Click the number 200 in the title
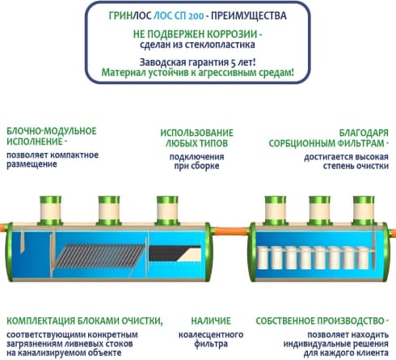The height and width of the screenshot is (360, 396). coord(196,16)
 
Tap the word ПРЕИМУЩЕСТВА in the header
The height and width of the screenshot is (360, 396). coord(249,16)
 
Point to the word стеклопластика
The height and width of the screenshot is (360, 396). coord(220,44)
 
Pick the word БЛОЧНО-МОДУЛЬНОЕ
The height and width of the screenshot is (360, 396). coord(52,131)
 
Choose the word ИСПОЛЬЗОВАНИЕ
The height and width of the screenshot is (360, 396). coord(196,133)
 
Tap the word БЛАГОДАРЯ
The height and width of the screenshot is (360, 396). coord(364,133)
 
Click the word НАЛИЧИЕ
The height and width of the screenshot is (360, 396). coord(211,321)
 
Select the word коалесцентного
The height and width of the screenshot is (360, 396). coord(211,335)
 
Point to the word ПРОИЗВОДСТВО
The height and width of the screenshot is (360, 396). coord(351,321)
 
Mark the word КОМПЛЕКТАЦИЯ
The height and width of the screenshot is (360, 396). coord(41,321)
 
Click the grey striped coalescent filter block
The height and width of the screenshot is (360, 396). coord(99,256)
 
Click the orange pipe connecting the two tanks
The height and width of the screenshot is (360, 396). coord(230,231)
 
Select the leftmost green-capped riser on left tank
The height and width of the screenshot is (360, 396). coord(51,210)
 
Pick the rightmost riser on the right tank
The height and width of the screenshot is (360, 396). coord(364,210)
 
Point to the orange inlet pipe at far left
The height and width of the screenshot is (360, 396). coord(3,227)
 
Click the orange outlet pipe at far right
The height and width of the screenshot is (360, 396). coord(393,233)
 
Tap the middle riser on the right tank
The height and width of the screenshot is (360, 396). coord(319,210)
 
